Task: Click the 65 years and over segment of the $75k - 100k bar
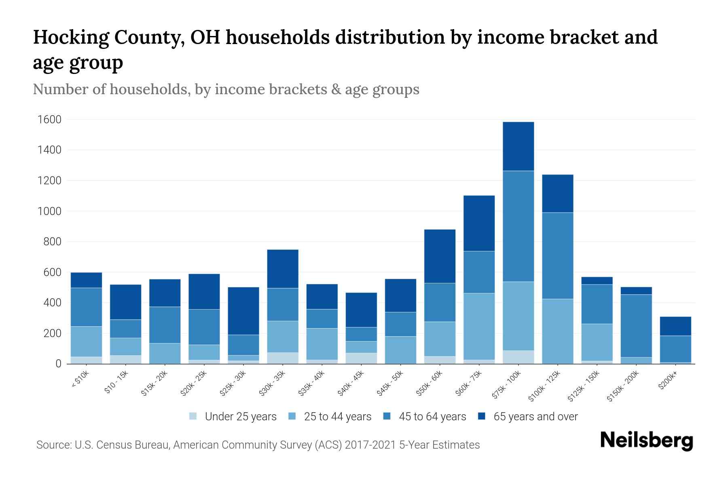pyautogui.click(x=518, y=146)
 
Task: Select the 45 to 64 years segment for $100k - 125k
pyautogui.click(x=557, y=255)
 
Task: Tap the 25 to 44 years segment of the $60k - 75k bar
pyautogui.click(x=479, y=326)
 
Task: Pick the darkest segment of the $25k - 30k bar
pyautogui.click(x=243, y=311)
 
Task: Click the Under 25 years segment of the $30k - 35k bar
pyautogui.click(x=283, y=358)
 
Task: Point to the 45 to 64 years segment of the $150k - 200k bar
pyautogui.click(x=636, y=326)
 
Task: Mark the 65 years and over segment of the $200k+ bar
pyautogui.click(x=675, y=326)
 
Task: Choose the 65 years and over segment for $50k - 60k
pyautogui.click(x=440, y=256)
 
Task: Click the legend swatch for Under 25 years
pyautogui.click(x=193, y=416)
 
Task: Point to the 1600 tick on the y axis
pyautogui.click(x=49, y=120)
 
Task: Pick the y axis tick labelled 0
pyautogui.click(x=58, y=364)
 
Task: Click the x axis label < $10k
pyautogui.click(x=80, y=380)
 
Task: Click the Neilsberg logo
pyautogui.click(x=646, y=441)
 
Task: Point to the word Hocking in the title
pyautogui.click(x=70, y=37)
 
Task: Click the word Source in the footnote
pyautogui.click(x=52, y=445)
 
